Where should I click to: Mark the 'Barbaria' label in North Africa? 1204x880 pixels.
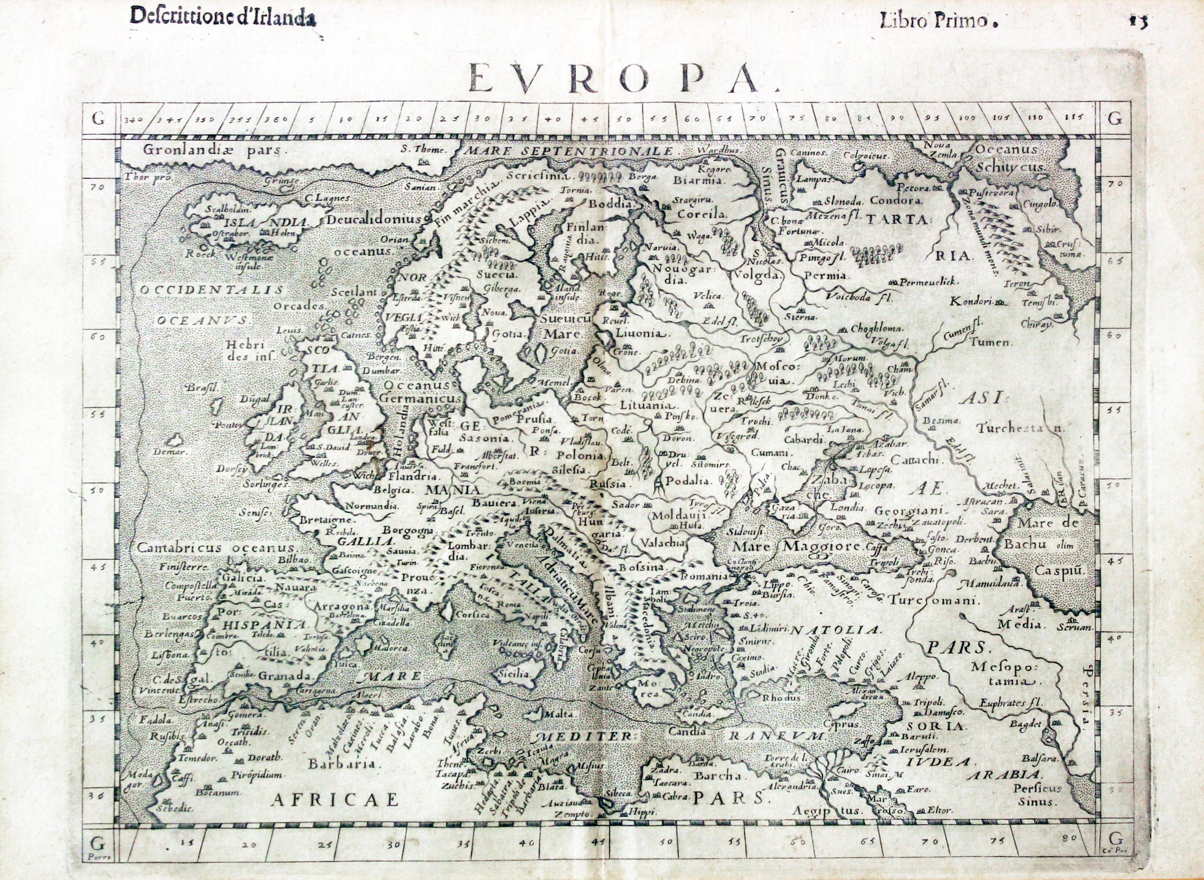tap(345, 763)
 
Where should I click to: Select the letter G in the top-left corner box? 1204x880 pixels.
tap(98, 119)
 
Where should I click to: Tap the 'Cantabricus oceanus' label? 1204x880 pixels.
tap(216, 548)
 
